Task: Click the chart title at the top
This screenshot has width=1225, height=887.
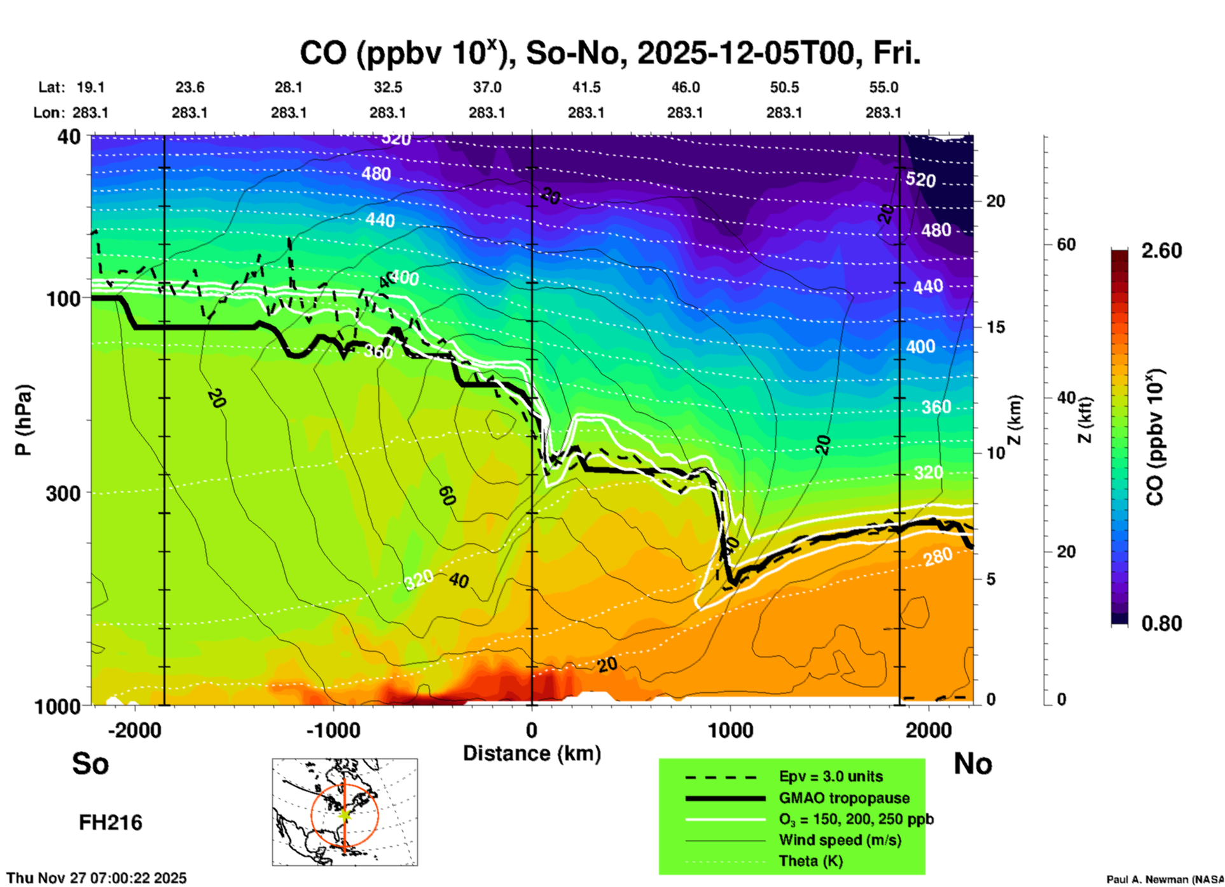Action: tap(609, 53)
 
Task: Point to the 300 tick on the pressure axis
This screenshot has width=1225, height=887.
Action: tap(63, 493)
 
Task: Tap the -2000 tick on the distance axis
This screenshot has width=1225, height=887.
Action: tap(134, 730)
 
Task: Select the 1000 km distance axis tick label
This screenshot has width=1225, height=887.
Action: tap(730, 730)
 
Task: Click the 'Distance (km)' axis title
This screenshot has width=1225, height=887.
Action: tap(532, 753)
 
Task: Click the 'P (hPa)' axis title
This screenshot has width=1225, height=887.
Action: tap(23, 420)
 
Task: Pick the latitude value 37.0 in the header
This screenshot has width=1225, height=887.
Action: tap(487, 87)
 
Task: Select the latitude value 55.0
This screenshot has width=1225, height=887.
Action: tap(883, 87)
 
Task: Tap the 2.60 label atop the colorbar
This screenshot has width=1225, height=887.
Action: tap(1161, 251)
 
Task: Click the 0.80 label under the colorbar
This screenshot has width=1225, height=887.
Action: tap(1161, 624)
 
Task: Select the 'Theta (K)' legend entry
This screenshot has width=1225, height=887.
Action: tap(810, 861)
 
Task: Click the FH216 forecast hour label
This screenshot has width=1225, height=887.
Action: tap(110, 823)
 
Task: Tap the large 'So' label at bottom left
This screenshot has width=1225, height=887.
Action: tap(90, 764)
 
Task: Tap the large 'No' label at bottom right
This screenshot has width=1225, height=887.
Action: tap(972, 764)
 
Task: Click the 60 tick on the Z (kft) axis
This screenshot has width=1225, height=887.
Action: tap(1066, 245)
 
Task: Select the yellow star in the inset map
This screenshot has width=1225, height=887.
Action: tap(344, 814)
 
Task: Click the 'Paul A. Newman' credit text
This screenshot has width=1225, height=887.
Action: tap(1164, 879)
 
